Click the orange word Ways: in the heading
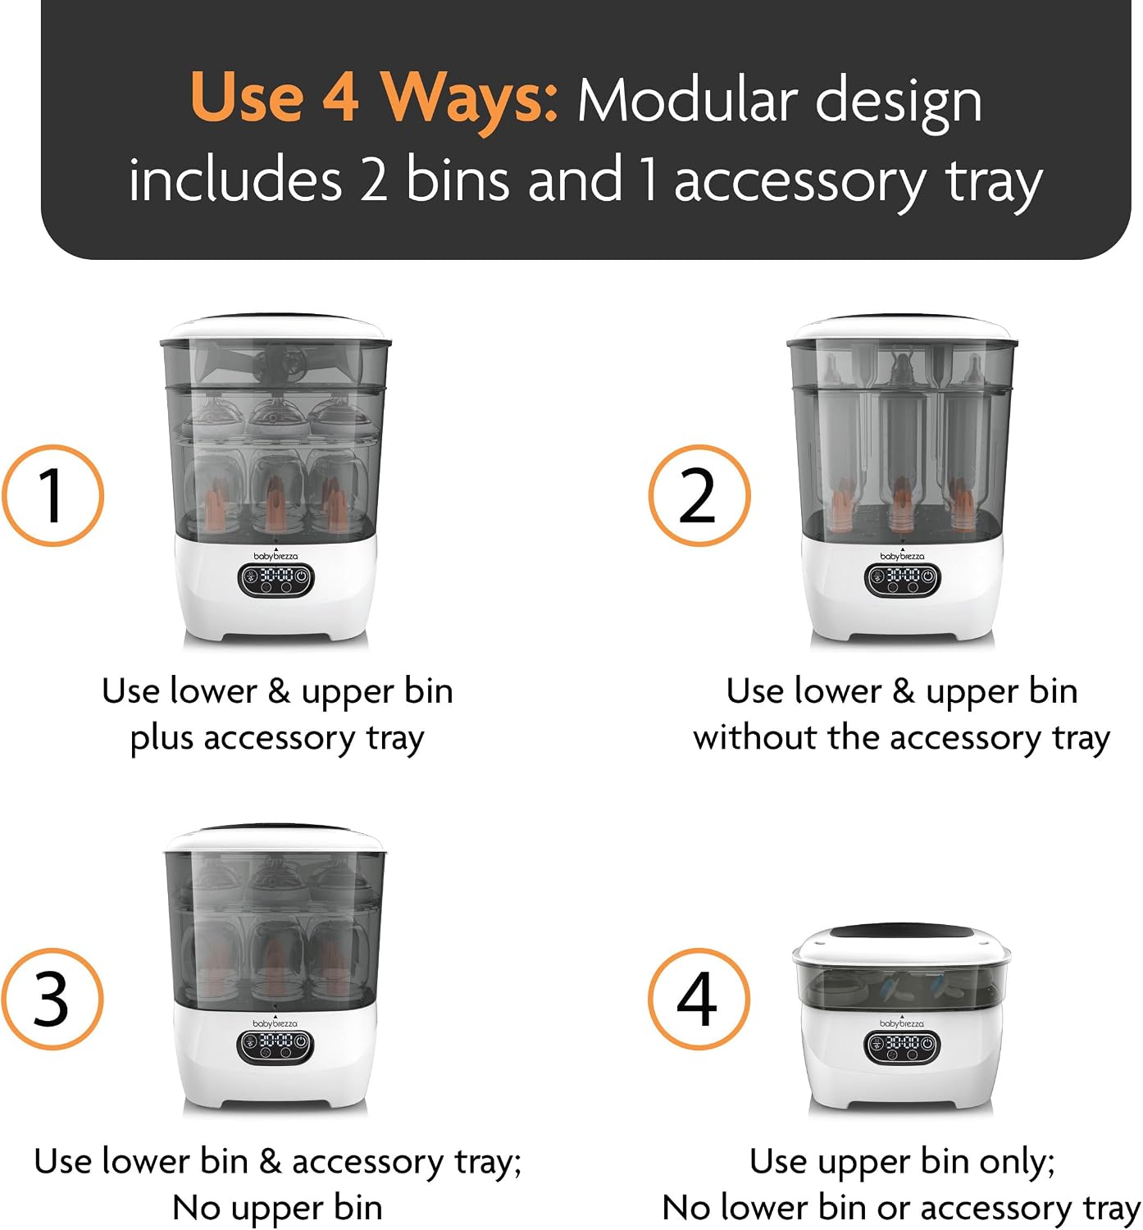click(x=468, y=99)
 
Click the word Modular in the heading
click(x=687, y=102)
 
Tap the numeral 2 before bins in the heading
click(x=374, y=180)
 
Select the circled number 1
click(x=53, y=494)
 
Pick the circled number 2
click(x=699, y=494)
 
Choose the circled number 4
click(x=699, y=999)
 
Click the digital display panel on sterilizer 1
click(x=276, y=581)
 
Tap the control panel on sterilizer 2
click(x=902, y=581)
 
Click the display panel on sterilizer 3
click(x=275, y=1046)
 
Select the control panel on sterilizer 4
click(x=902, y=1046)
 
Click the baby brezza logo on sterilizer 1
click(x=276, y=555)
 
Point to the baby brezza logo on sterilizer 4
click(x=902, y=1023)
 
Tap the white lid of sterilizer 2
click(x=902, y=328)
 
